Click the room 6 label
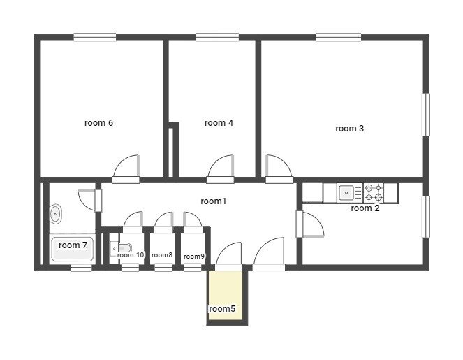click(x=98, y=122)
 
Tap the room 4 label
click(x=219, y=122)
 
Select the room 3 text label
click(x=350, y=129)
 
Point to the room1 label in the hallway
click(x=214, y=201)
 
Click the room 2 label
click(x=365, y=208)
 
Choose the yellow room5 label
click(x=222, y=309)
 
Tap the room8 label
click(x=162, y=254)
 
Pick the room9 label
click(x=194, y=257)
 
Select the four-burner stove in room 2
click(x=373, y=192)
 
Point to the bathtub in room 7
click(x=73, y=248)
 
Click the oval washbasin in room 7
click(x=55, y=214)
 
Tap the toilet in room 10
click(x=121, y=249)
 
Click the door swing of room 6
click(x=122, y=162)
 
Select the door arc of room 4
click(x=217, y=162)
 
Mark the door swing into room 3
click(x=283, y=162)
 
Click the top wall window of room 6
click(x=95, y=37)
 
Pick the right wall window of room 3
click(x=425, y=115)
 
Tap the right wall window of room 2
click(x=425, y=217)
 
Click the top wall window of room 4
click(x=217, y=37)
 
